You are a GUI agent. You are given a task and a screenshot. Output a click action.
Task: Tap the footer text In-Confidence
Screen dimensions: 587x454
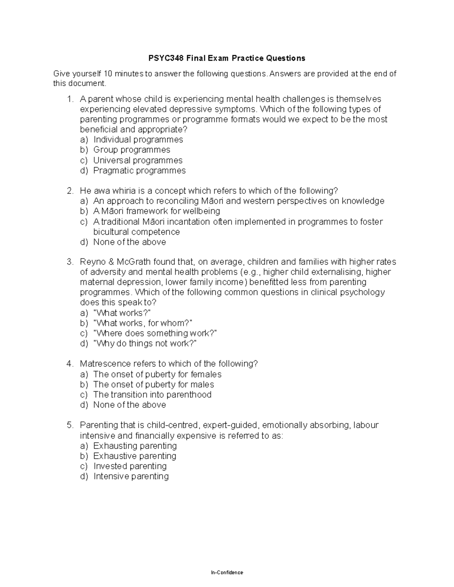[227, 573]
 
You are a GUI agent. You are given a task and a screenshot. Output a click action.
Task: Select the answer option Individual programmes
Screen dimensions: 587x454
[138, 139]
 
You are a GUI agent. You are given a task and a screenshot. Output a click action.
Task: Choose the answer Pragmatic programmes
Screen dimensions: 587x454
[139, 170]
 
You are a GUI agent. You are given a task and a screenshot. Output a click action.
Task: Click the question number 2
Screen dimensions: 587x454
[69, 191]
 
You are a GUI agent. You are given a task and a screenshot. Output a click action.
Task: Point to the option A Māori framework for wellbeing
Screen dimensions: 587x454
[157, 211]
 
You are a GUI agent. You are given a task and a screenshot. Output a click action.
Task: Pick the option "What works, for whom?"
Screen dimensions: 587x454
[143, 323]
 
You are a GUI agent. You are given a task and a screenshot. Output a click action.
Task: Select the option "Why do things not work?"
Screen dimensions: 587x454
[145, 344]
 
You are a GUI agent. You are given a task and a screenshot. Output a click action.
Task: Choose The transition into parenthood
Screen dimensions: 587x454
[152, 395]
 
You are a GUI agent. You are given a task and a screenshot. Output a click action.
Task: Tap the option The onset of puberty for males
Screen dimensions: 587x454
[153, 384]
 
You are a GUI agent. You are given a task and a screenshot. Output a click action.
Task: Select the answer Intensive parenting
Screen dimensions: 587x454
[131, 476]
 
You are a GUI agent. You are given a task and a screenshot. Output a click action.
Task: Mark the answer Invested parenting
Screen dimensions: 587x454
[130, 466]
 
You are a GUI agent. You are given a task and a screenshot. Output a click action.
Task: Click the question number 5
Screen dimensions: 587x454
[69, 425]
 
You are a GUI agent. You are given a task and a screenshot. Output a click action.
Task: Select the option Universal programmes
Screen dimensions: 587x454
[138, 160]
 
